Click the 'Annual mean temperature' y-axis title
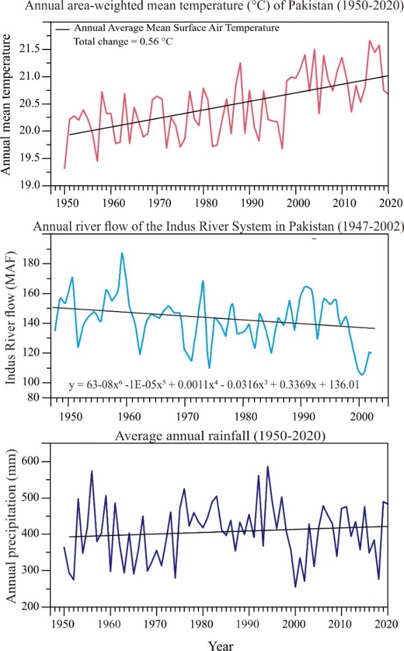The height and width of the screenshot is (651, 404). point(8,104)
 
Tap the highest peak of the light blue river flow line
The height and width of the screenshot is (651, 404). point(122,253)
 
